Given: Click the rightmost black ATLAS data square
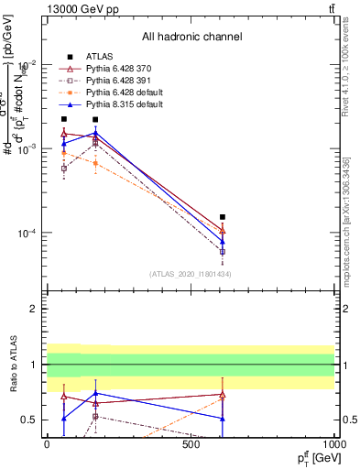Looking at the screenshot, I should coord(223,217).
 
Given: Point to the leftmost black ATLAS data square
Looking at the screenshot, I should coord(64,119).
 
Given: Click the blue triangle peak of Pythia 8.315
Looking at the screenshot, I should coord(95,133).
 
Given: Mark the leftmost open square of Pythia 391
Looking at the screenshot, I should coord(64,169).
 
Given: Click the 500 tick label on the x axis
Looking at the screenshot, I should coord(191,444).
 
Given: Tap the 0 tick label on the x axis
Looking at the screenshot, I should coord(47,444).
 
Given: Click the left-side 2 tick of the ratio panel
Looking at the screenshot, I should coord(35,309).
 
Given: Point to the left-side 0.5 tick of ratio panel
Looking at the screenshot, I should coord(31,420).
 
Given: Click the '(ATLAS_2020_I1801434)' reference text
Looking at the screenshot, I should coord(191,275).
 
